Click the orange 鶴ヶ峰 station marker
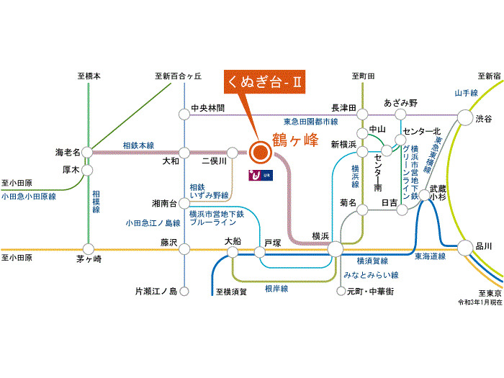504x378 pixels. point(259,151)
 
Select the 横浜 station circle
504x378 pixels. point(335,249)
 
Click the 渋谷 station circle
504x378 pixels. point(464,119)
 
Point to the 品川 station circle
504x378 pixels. point(464,246)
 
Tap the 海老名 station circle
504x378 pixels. point(87,152)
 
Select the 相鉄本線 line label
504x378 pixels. point(138,145)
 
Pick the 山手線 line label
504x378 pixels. point(467,93)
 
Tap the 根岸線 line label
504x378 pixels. point(276,288)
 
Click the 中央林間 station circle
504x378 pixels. point(184,113)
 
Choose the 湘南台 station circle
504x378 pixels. point(184,204)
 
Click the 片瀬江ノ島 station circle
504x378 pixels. point(184,292)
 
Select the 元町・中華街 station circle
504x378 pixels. point(341,292)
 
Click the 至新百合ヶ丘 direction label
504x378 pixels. point(178,76)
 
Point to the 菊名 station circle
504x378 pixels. point(363,210)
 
